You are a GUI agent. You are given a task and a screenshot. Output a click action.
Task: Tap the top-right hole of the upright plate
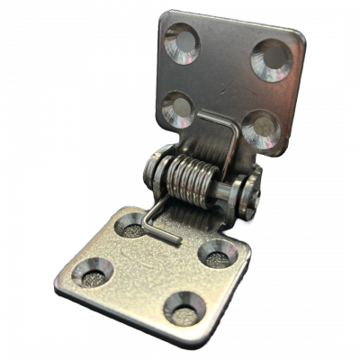[x=271, y=59]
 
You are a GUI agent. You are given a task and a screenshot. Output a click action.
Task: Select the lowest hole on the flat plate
[x=184, y=310]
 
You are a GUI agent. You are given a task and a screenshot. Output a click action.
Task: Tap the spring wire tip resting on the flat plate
[x=171, y=240]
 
